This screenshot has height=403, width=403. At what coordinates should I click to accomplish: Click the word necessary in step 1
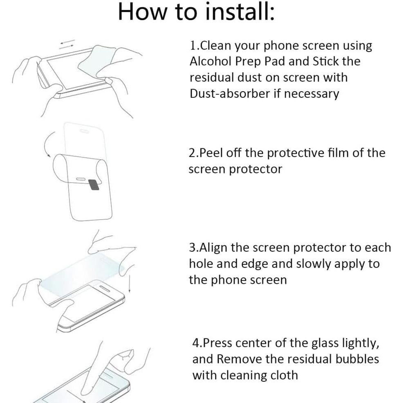click(x=311, y=94)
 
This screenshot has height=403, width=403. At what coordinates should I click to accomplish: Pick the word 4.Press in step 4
click(x=212, y=343)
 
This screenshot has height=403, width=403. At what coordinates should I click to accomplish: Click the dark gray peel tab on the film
click(x=94, y=185)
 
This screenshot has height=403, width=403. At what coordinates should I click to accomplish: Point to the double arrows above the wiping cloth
click(x=67, y=43)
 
